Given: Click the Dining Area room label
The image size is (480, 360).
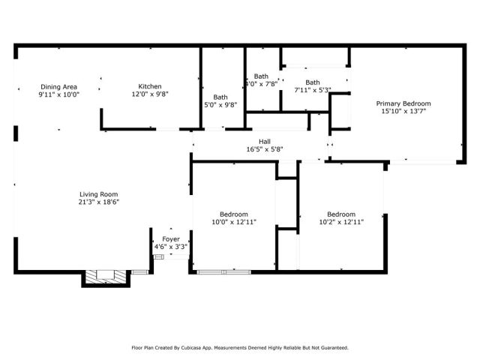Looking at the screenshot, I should pos(58,86).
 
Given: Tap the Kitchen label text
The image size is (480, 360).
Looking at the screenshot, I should pos(149,86).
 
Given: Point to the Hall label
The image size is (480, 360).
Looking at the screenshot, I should pos(265,141).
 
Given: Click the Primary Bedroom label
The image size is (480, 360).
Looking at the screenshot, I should pos(403,103).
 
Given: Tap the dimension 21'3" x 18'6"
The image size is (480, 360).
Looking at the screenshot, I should pos(99,202).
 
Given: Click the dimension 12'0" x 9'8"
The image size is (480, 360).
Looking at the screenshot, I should pos(149,94).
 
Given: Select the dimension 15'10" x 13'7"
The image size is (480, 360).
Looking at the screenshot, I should pos(403,112).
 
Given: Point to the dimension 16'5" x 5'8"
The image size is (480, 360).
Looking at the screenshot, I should pos(265,149).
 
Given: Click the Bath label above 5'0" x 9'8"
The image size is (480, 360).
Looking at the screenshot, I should pos(220,97).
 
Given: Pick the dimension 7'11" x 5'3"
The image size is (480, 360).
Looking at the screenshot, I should pos(312,91).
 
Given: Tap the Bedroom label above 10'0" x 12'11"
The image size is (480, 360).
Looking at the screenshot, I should pos(233,214).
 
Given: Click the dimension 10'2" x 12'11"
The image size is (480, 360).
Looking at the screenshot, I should pos(340,222).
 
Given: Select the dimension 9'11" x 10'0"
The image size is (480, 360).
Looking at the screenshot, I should pos(58,94).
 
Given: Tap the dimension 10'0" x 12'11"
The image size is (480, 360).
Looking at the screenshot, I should pos(233,222).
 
